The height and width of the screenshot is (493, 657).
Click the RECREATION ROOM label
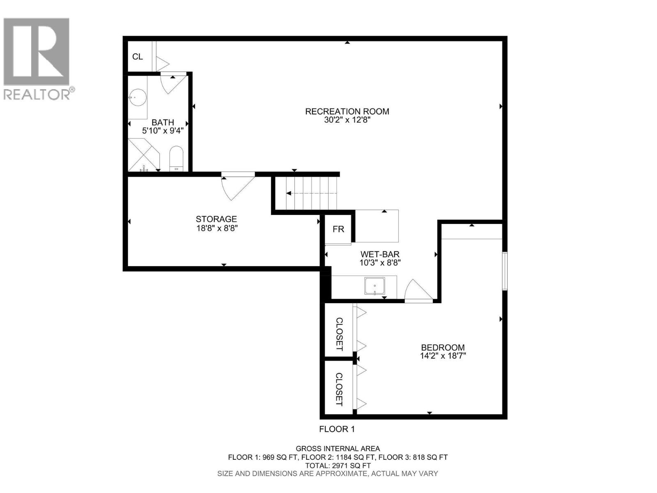[347, 111]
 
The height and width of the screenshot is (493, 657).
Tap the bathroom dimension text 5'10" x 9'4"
[163, 131]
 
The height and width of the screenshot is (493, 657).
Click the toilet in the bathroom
[177, 158]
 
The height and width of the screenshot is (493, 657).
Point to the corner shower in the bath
[143, 155]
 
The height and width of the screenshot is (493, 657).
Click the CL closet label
[138, 57]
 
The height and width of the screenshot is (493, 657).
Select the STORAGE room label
[216, 219]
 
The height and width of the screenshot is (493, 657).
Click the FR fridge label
[338, 229]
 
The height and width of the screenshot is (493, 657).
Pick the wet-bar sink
[374, 286]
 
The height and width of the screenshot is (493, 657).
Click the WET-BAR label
[380, 255]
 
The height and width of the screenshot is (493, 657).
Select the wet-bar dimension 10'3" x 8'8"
[380, 263]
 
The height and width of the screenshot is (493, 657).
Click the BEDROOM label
[443, 348]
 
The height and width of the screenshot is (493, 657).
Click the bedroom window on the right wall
[505, 271]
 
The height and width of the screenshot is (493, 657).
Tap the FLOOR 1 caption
[337, 429]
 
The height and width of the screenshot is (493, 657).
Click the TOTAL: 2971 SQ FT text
[338, 465]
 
